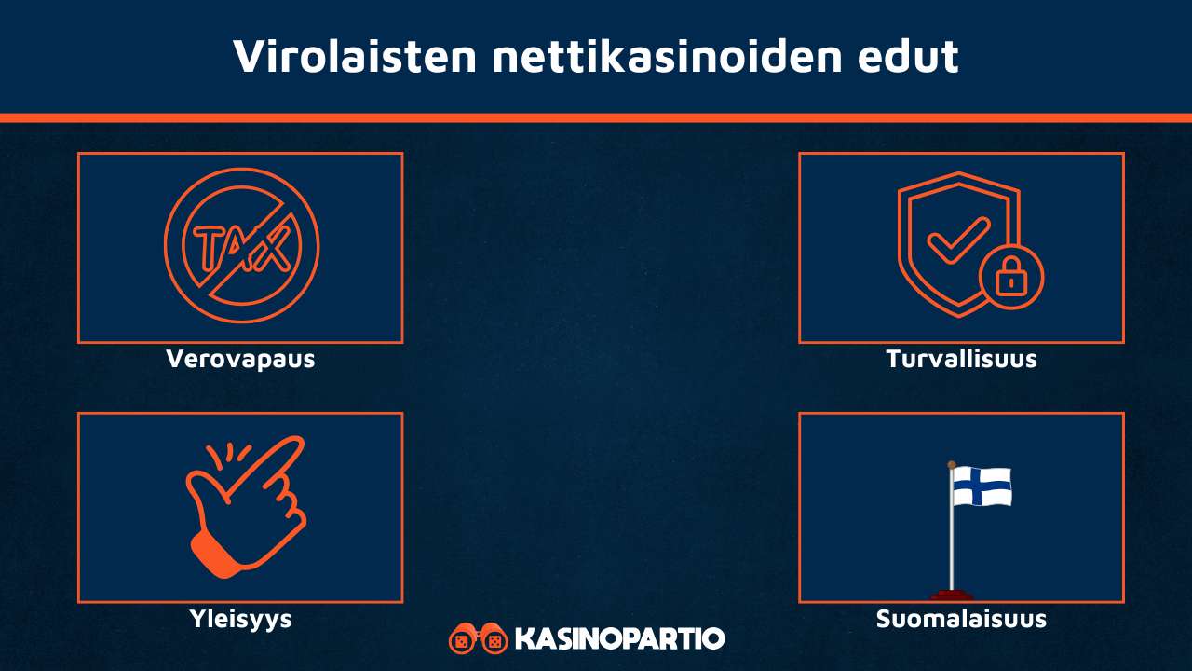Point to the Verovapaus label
(x=240, y=359)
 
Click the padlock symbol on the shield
(x=1011, y=278)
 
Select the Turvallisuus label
(x=961, y=359)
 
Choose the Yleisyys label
(x=240, y=619)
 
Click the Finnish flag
(x=982, y=486)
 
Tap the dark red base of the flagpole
(x=952, y=595)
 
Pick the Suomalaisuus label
(x=961, y=619)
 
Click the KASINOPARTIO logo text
(x=619, y=639)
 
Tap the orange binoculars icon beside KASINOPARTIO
(x=477, y=639)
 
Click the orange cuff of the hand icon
(x=213, y=554)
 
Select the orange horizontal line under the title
(x=596, y=118)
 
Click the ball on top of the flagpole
(x=952, y=464)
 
